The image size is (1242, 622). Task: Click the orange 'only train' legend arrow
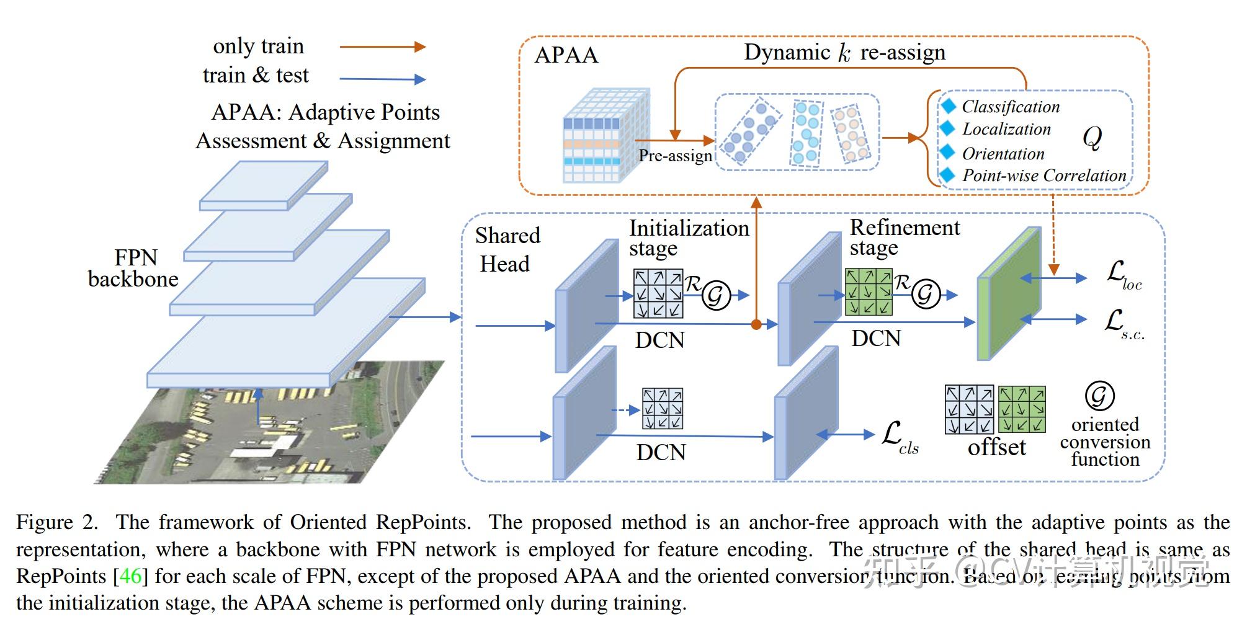382,47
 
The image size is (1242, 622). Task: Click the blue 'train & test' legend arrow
382,79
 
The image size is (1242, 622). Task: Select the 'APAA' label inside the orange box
566,55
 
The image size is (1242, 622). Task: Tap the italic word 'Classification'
1011,107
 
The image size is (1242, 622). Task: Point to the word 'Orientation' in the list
1003,154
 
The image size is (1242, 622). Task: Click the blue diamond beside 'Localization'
947,128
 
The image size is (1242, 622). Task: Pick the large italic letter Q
1092,138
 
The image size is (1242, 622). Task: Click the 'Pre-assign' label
676,156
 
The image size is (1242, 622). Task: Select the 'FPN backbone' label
133,268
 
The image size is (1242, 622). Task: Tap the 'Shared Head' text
507,249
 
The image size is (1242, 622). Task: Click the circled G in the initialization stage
716,295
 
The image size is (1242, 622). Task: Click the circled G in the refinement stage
926,294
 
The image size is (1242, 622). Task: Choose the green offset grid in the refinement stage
869,291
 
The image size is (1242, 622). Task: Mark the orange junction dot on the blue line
756,324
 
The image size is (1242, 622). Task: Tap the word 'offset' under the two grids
996,447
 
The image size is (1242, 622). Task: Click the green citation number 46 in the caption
130,576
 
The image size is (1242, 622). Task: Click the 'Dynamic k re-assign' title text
844,53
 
